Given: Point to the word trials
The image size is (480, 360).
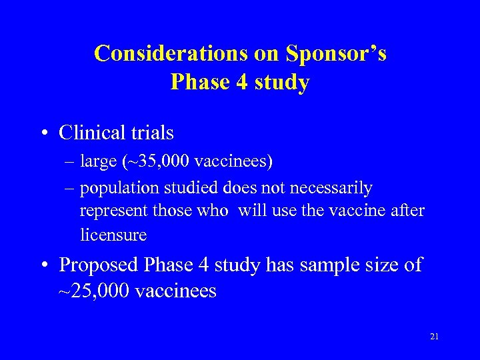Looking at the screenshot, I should coord(152,133).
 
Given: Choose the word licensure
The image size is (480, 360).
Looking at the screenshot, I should coord(113,235).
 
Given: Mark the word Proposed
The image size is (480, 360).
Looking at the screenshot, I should coord(97,265).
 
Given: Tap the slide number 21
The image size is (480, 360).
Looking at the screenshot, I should coord(434,337).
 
